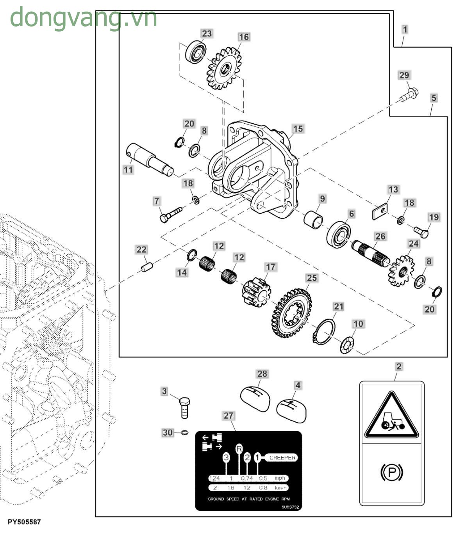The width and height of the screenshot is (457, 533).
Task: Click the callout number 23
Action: coord(207,33)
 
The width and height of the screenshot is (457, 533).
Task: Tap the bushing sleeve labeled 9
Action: coord(314,219)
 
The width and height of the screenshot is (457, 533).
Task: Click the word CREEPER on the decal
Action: coord(282,458)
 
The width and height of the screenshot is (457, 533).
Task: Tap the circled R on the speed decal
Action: coord(239,449)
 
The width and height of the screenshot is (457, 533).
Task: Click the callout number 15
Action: coord(298,129)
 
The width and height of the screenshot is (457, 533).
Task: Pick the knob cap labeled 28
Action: coord(254,398)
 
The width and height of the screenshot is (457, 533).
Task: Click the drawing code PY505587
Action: coord(24,522)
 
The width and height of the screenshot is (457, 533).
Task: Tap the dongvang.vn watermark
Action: coord(83,18)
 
